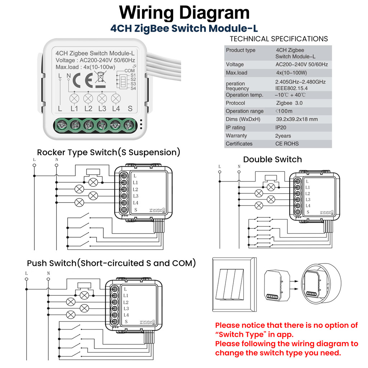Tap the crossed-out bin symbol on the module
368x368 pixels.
(101, 79)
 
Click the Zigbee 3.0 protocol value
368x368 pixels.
(289, 103)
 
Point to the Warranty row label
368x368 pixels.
(236, 136)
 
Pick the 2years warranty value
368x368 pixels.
(283, 136)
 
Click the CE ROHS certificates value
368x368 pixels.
(287, 144)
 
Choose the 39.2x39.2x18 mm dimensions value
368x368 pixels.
(296, 119)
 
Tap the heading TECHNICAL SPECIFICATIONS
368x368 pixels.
(279, 39)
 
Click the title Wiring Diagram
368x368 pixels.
(184, 13)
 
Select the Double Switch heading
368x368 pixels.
(272, 159)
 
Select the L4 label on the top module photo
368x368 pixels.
(116, 109)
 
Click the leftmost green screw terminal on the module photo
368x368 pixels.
(60, 125)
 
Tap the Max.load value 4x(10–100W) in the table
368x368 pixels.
(291, 73)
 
